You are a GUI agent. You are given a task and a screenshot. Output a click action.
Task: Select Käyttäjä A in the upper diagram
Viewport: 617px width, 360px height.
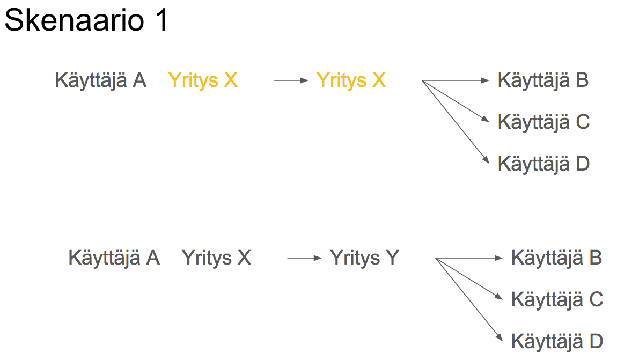[x=100, y=80]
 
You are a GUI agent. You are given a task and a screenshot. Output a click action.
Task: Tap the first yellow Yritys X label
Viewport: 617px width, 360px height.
[x=203, y=80]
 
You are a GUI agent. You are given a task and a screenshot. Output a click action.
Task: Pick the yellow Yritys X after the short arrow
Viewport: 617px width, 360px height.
[x=351, y=80]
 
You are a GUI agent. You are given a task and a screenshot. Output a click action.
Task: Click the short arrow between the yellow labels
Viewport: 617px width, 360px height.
[x=291, y=81]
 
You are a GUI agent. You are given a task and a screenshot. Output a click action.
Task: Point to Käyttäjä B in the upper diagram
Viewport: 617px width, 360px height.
[x=543, y=80]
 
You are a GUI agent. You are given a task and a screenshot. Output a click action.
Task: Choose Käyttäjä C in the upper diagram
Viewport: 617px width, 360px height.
[x=543, y=122]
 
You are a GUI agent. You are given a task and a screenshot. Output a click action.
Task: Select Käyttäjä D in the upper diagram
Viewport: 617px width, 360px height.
[x=543, y=163]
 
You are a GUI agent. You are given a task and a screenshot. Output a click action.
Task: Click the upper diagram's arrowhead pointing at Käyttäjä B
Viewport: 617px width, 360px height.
[x=486, y=81]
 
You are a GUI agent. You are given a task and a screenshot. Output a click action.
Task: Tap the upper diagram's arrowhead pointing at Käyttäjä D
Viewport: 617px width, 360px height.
[x=486, y=160]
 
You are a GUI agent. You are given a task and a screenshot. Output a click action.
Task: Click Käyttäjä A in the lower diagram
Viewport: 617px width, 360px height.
[x=114, y=258]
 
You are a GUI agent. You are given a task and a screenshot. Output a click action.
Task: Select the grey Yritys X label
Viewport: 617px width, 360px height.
[x=216, y=258]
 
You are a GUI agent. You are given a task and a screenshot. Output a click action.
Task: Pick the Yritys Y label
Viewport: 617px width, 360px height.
[x=364, y=258]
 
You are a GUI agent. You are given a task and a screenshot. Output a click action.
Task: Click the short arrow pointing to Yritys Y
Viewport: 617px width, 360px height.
[x=305, y=259]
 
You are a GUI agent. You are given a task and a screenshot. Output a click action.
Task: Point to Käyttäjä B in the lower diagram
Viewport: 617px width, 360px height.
[x=556, y=258]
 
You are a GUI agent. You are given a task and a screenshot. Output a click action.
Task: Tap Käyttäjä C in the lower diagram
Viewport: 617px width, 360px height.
[x=557, y=299]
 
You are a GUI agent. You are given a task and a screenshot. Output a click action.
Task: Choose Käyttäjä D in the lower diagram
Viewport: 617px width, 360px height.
[x=557, y=341]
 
